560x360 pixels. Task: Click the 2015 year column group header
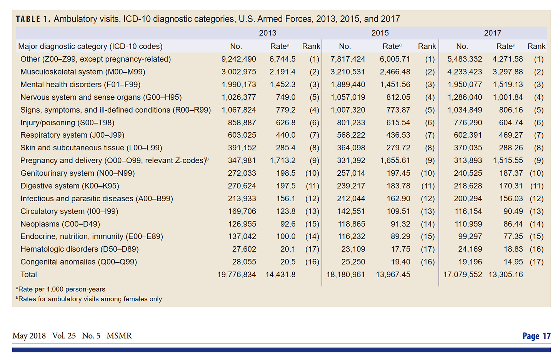pos(380,33)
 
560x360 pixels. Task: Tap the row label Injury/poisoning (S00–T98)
pos(67,123)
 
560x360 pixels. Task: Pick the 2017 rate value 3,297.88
pos(508,72)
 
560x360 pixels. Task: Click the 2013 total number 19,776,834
pos(237,275)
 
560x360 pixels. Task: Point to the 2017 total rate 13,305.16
pos(506,275)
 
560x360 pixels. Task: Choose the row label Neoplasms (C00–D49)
pos(60,224)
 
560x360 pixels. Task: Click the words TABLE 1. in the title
pos(33,19)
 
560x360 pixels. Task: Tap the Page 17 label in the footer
pos(537,336)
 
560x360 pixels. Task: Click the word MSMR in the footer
pos(119,336)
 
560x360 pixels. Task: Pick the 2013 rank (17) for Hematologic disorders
pos(312,249)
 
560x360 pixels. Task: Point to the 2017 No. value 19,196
pos(470,262)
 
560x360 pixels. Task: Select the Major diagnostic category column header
pos(90,47)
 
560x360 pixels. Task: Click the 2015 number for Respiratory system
pos(351,135)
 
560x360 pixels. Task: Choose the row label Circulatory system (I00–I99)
pos(69,211)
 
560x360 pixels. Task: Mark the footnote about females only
pos(90,299)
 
